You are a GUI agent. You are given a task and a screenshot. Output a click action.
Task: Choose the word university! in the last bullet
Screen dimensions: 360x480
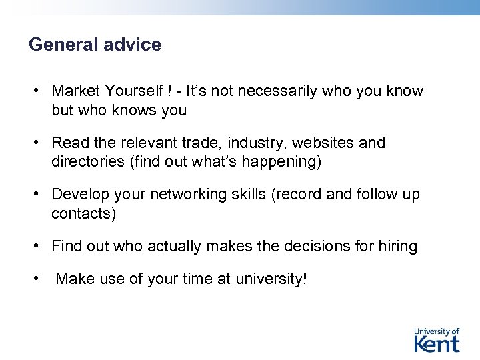pos(271,279)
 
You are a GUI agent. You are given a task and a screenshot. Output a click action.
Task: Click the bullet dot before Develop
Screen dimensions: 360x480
pos(39,194)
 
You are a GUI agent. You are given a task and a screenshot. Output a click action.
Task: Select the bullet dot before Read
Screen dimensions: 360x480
pos(39,143)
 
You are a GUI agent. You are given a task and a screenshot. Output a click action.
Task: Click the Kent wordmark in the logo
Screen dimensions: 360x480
pos(437,343)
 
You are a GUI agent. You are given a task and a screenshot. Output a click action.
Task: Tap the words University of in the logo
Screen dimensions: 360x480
pos(437,331)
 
